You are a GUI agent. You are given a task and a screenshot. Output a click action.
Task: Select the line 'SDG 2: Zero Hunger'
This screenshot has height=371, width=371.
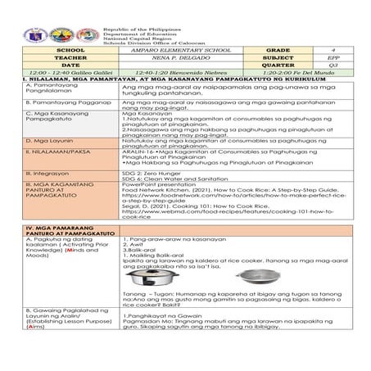(x=147, y=174)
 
